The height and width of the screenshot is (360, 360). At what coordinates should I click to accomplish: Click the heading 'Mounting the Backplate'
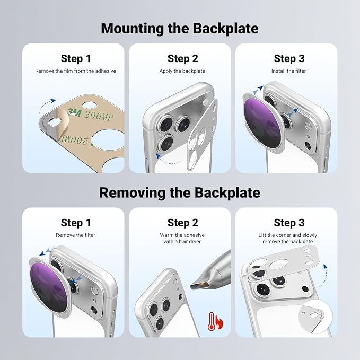pos(180,29)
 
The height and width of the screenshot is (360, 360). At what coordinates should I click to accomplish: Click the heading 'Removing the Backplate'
pos(180,192)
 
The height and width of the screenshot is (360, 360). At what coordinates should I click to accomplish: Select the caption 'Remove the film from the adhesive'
pos(75,71)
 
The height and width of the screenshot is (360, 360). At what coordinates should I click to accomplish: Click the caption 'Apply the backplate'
pos(182,71)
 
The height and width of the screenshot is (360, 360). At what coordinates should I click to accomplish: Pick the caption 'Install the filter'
pos(288,71)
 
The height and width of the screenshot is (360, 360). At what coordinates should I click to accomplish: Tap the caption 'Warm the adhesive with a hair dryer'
pos(182,238)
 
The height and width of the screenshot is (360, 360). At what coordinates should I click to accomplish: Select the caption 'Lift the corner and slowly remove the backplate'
pos(288,238)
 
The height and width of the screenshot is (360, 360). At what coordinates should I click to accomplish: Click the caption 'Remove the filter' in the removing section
pos(75,235)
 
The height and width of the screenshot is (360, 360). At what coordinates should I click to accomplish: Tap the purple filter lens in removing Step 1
pos(49,287)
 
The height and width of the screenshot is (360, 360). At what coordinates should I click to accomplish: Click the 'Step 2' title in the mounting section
pos(183,58)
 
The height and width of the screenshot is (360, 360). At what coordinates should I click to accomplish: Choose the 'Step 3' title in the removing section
pos(289,223)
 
